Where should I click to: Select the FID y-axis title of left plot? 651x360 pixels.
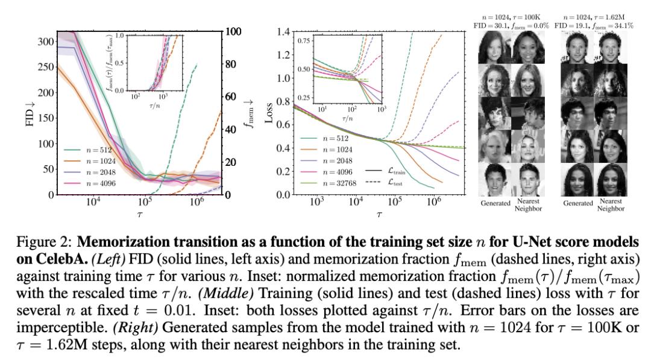point(28,113)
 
